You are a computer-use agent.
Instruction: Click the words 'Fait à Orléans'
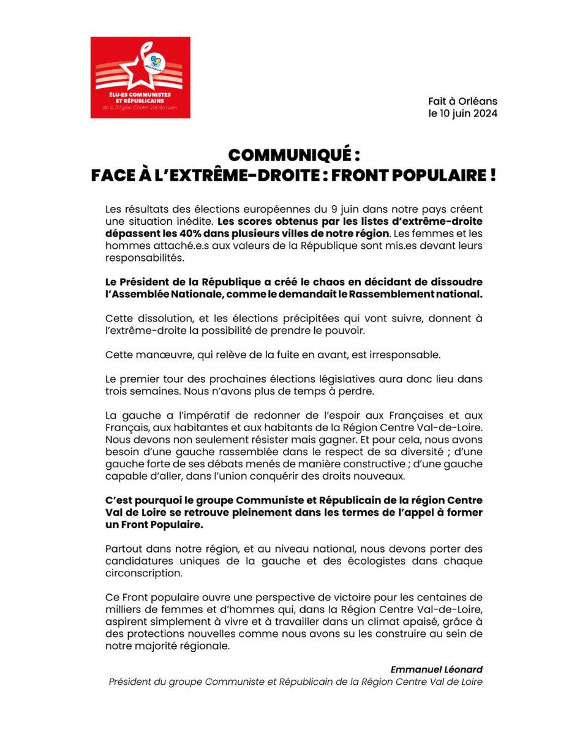click(463, 101)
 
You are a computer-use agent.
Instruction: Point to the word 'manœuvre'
click(154, 355)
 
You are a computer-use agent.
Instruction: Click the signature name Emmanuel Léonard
click(436, 669)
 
